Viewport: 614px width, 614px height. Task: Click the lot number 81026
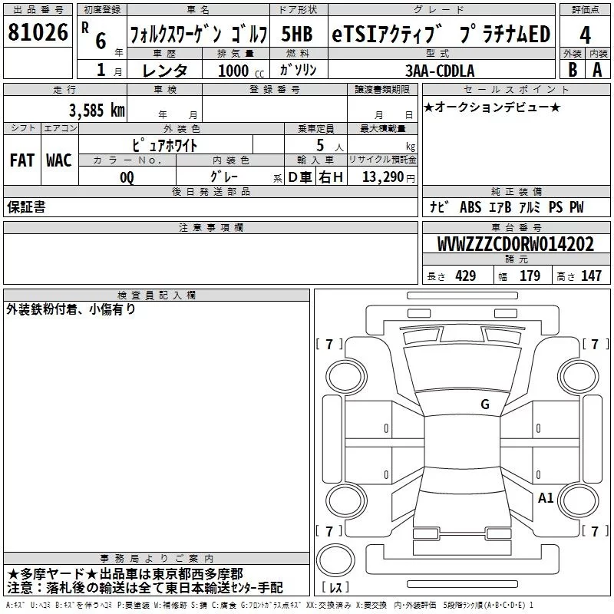tap(38, 33)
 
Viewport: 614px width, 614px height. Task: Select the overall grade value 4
tap(586, 35)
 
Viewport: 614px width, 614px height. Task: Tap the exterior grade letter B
tap(572, 69)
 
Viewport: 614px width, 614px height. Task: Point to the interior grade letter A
tap(598, 69)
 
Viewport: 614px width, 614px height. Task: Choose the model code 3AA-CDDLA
tap(440, 71)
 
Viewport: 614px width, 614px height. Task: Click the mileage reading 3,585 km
tap(96, 109)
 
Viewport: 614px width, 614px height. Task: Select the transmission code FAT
tap(21, 160)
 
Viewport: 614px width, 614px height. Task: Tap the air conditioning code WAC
tap(58, 160)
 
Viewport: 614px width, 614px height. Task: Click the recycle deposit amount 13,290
tap(383, 177)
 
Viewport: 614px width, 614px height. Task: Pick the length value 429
tap(464, 276)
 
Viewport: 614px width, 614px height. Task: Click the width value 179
tap(530, 276)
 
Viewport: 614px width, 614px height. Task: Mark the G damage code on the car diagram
tap(484, 404)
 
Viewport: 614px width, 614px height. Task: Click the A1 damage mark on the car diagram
tap(546, 497)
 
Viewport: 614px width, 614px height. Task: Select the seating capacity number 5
tap(319, 144)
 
